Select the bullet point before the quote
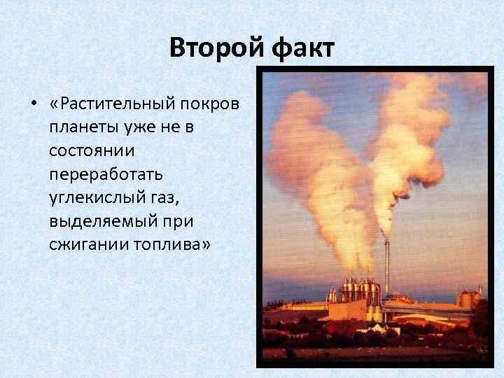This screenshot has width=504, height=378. click(x=33, y=105)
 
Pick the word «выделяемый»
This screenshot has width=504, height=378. click(x=95, y=222)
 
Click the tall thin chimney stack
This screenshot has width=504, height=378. click(x=386, y=266)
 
